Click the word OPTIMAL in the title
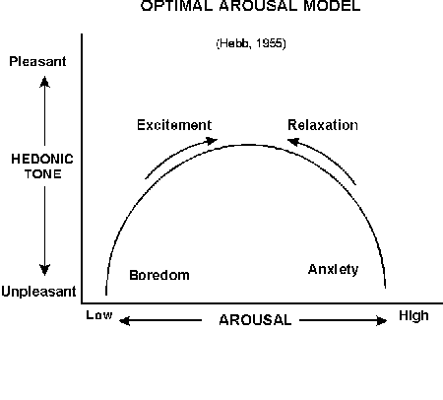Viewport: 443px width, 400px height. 177,6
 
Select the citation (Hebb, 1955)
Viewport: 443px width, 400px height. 251,43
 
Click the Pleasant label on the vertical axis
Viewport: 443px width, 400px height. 37,61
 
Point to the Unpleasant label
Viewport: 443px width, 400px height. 38,292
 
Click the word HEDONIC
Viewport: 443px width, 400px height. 42,159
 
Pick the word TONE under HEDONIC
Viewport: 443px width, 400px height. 43,173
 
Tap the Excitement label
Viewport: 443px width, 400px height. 174,125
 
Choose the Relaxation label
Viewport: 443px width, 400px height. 323,125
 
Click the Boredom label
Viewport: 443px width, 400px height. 159,275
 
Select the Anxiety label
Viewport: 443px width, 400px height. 333,270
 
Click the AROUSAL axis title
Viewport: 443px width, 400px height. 255,320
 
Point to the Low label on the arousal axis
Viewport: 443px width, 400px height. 99,315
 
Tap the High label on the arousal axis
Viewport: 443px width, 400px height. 413,315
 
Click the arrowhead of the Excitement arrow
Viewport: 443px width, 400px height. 211,141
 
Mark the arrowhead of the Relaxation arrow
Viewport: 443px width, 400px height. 293,142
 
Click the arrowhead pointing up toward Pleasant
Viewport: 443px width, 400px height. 45,82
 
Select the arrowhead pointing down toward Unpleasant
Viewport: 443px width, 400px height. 45,270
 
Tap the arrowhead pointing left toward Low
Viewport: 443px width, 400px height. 125,320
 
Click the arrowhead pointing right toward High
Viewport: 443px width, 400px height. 382,320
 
